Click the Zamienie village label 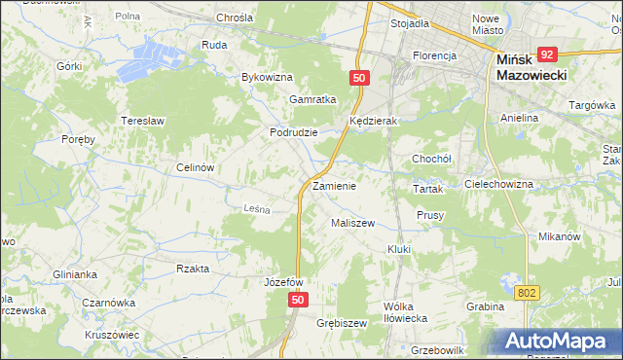coord(334,186)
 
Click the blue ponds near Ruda coord(156,54)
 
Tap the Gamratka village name coord(312,99)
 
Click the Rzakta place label coord(192,269)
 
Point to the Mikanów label coord(559,236)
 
